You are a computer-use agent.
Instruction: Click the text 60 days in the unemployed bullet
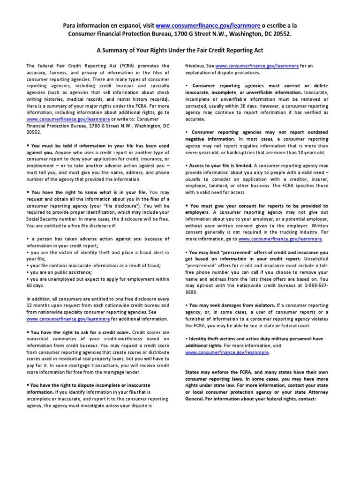click(35, 285)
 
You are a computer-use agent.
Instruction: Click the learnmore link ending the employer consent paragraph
click(280, 239)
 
